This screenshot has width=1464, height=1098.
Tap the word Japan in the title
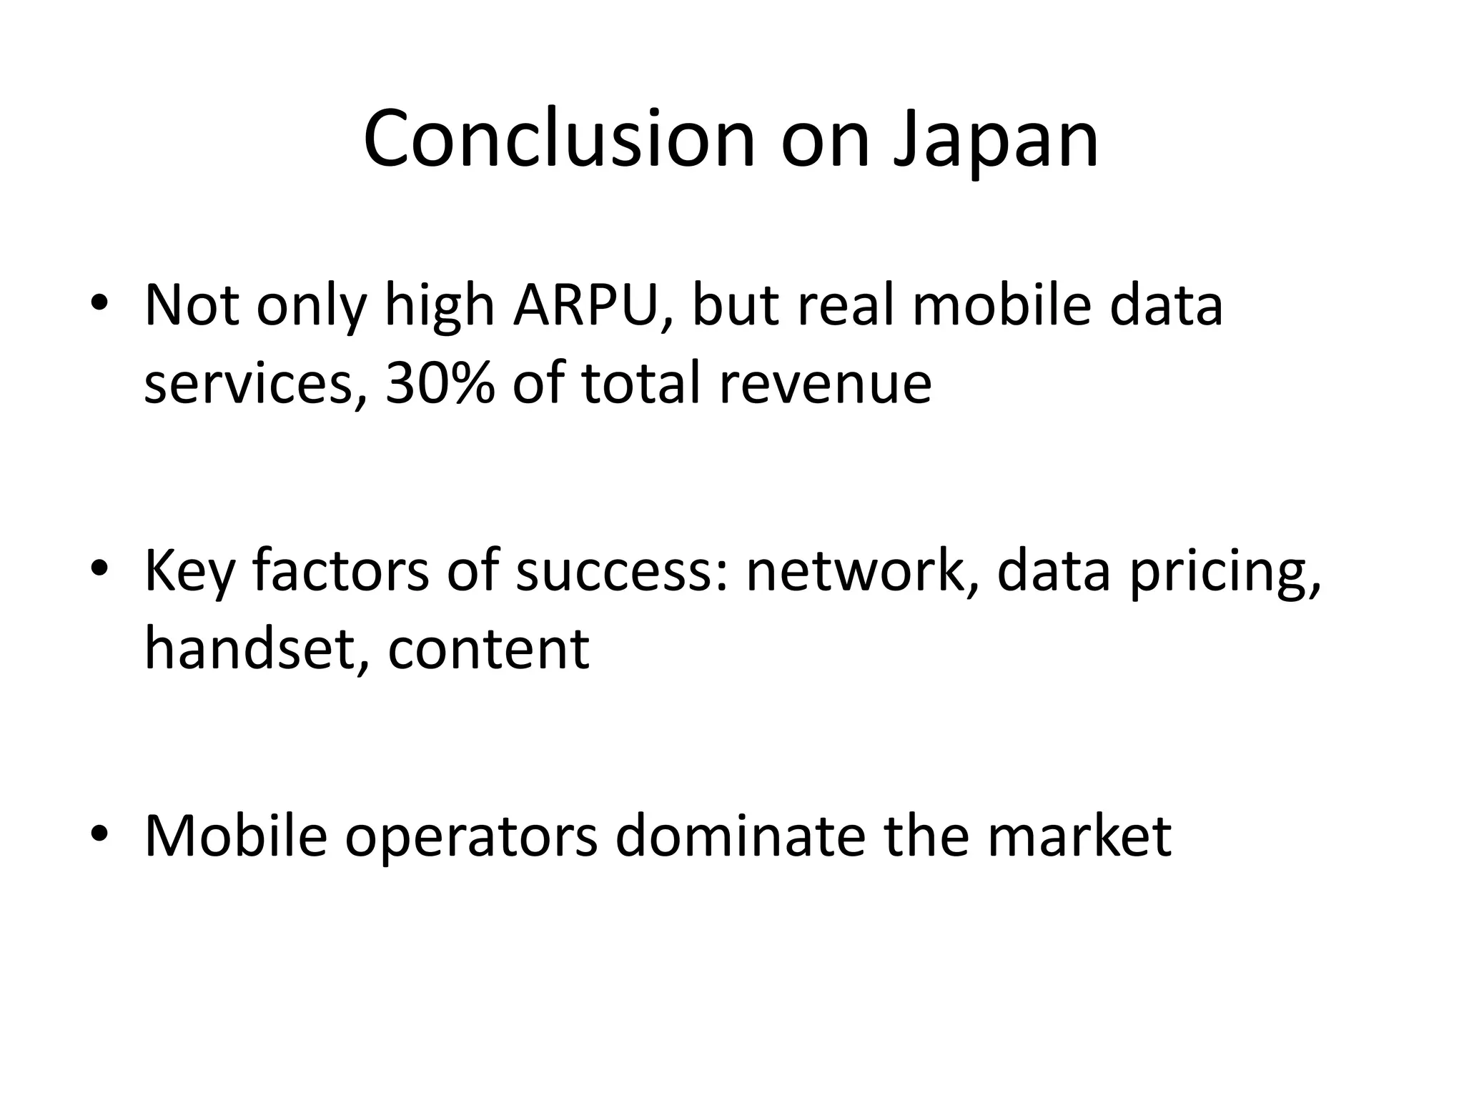click(x=995, y=140)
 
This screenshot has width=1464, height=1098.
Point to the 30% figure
click(x=440, y=384)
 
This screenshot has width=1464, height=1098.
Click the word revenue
click(x=825, y=384)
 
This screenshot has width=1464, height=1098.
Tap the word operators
click(x=471, y=837)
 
